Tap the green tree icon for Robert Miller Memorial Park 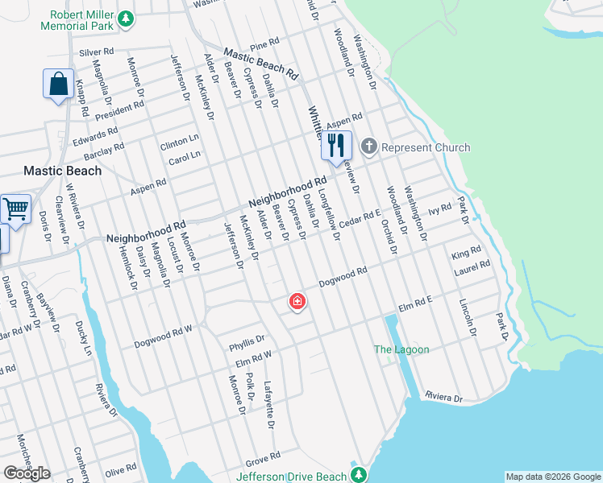click(x=125, y=18)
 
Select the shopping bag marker click(x=59, y=84)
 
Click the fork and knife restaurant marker click(x=336, y=146)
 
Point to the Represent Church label click(x=426, y=147)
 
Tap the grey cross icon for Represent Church click(x=369, y=147)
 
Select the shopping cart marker click(x=15, y=209)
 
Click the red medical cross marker click(x=297, y=302)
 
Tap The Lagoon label click(x=401, y=349)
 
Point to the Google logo click(x=27, y=473)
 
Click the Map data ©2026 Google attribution click(x=553, y=477)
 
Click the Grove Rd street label click(x=263, y=459)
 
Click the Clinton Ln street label click(x=179, y=142)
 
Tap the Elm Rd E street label click(x=416, y=303)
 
